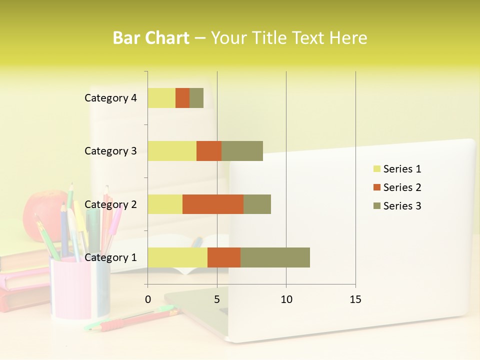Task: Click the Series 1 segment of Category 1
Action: [177, 257]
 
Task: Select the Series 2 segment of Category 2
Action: [213, 204]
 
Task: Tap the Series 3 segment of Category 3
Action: [242, 151]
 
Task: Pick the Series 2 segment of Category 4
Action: [182, 98]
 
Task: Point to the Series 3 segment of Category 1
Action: [275, 257]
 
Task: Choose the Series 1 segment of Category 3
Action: [172, 151]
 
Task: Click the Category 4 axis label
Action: [110, 98]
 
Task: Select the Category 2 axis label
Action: [110, 204]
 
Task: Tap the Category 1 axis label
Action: [110, 257]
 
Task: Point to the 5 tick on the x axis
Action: [217, 299]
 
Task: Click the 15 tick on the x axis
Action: [355, 299]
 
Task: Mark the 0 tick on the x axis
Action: [148, 299]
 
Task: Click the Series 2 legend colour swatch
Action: [376, 187]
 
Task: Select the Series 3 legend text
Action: [402, 206]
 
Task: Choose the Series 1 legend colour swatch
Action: [376, 169]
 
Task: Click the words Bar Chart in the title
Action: [151, 38]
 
